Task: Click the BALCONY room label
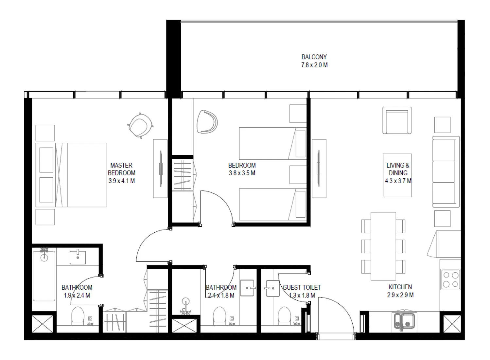(x=314, y=57)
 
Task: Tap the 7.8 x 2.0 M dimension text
(x=314, y=65)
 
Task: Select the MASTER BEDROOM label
(x=121, y=169)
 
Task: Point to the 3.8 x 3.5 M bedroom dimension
(x=242, y=173)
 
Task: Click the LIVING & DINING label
(x=398, y=169)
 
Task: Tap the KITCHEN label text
(x=400, y=287)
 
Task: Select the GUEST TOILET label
(x=302, y=287)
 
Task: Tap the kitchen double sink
(x=404, y=320)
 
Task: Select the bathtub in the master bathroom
(x=44, y=275)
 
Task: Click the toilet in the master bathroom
(x=78, y=316)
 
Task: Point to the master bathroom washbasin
(x=78, y=257)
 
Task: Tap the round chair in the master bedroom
(x=140, y=126)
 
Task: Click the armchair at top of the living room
(x=397, y=120)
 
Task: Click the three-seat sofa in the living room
(x=446, y=172)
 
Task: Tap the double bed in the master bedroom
(x=71, y=175)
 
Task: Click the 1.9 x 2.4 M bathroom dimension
(x=77, y=296)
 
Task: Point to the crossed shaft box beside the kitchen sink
(x=452, y=324)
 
